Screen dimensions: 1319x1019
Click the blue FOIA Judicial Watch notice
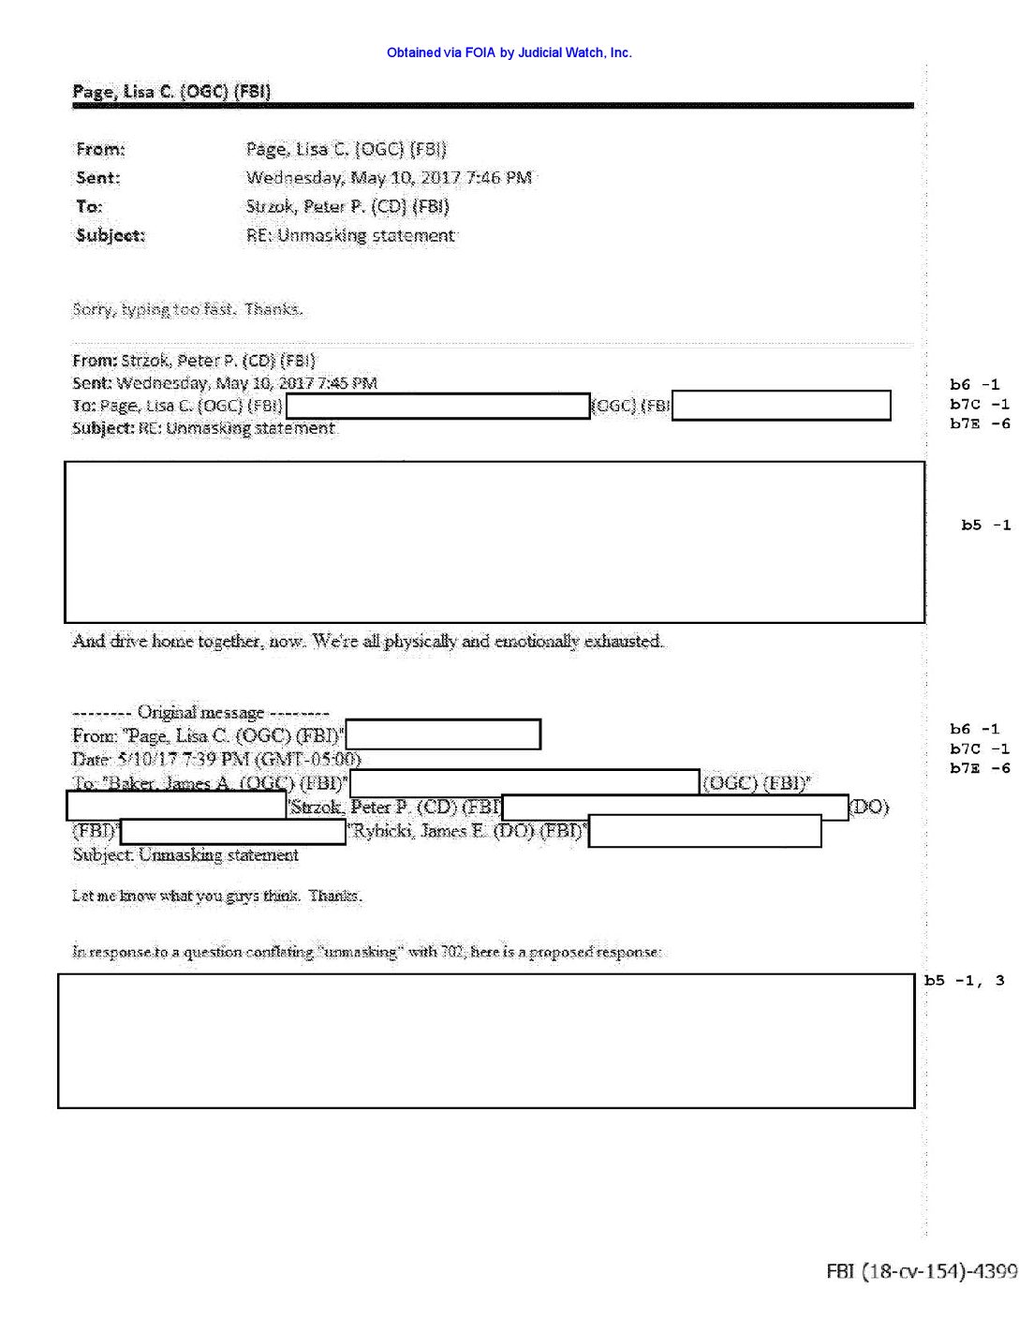(x=509, y=53)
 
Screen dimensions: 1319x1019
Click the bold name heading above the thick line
(x=171, y=91)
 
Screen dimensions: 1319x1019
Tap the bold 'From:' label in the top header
(x=100, y=149)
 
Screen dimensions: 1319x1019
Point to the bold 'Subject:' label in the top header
(x=111, y=235)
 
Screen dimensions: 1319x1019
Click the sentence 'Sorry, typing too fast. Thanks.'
(x=187, y=309)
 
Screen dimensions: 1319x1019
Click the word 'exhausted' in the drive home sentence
(x=623, y=642)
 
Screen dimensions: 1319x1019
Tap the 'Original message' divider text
(x=200, y=712)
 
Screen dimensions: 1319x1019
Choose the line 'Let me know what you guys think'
(x=216, y=896)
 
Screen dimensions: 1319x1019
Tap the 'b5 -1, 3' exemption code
(x=964, y=981)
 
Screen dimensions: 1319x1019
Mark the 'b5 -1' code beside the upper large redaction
(x=985, y=526)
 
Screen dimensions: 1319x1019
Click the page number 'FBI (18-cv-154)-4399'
(x=921, y=1271)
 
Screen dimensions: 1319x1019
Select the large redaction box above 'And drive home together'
(x=495, y=541)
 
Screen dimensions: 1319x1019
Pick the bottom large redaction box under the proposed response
(x=486, y=1041)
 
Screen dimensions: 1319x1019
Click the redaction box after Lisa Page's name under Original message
(x=443, y=734)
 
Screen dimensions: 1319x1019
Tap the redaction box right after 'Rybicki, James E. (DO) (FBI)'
(x=704, y=831)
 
